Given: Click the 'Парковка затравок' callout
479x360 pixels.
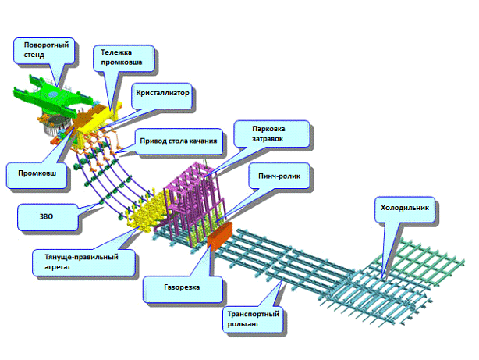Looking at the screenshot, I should [x=267, y=133].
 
